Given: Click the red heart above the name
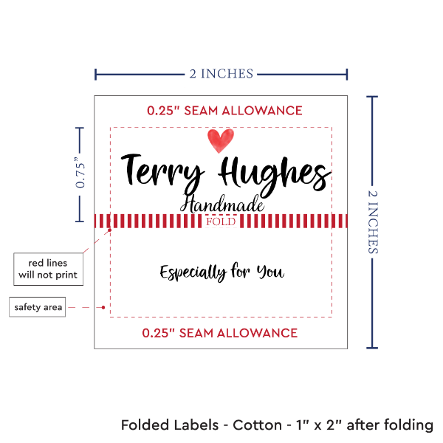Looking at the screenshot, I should coord(220,139).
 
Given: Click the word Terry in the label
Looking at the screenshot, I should coord(162,171).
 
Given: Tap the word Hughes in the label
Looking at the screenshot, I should coord(274,174).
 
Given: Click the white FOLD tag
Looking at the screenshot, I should coord(221,221).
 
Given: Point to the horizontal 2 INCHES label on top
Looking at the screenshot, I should coord(221,73).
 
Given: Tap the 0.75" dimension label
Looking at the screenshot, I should coord(81,174).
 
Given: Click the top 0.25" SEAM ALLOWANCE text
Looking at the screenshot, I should coord(224,111).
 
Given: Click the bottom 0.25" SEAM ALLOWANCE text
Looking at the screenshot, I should coord(220,333).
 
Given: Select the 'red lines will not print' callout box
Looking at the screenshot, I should coord(47,269).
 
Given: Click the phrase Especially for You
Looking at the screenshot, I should coord(221,272).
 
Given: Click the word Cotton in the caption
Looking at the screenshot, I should coord(259,425).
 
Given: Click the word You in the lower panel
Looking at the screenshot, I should coord(269,272).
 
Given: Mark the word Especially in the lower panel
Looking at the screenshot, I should coord(193,272).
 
